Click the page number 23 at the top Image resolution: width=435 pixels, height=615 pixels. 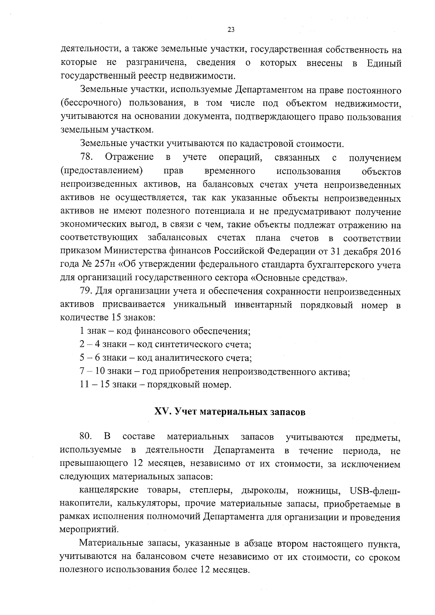point(231,30)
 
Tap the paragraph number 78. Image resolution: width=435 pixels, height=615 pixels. point(87,158)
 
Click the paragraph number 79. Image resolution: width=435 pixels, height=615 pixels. point(87,292)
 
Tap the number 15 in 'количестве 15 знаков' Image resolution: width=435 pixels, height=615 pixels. point(114,318)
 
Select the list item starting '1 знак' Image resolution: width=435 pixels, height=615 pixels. point(165,331)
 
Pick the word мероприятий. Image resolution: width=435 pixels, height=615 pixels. point(88,530)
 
